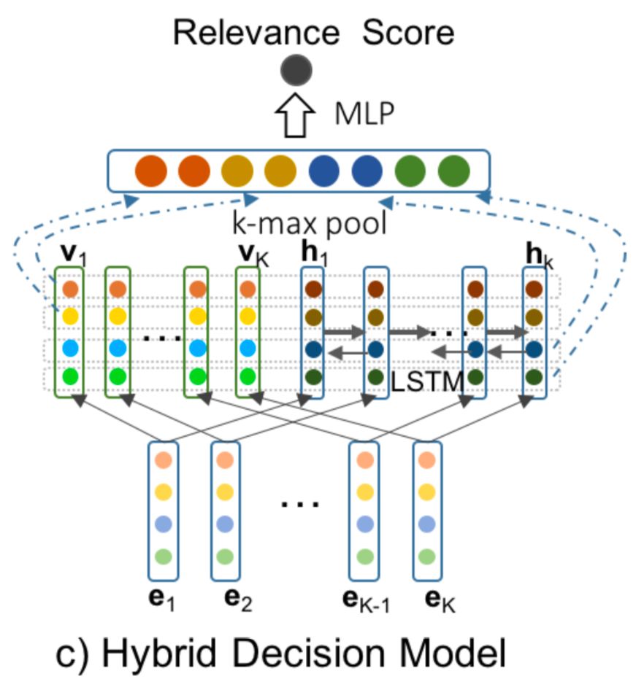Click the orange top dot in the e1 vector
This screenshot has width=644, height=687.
point(162,460)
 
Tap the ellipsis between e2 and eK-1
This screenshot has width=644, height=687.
point(300,503)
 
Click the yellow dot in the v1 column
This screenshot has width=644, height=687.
point(70,317)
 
